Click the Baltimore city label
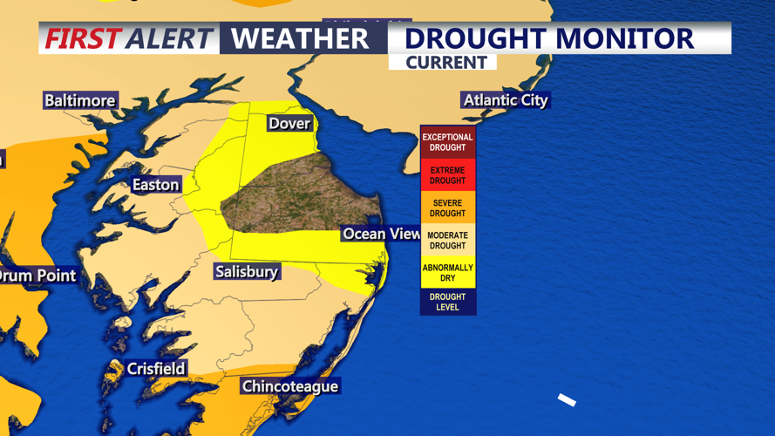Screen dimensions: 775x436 79,100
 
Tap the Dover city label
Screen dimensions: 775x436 289,123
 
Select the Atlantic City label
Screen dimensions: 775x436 506,100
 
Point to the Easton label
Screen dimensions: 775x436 155,184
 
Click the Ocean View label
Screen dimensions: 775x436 381,234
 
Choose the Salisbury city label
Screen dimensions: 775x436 246,272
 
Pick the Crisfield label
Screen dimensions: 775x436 155,369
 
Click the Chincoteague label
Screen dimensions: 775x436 289,386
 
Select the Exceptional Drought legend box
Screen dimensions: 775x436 448,142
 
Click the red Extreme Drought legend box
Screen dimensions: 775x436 448,175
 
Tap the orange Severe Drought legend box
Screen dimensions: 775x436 448,208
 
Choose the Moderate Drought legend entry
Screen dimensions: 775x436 448,241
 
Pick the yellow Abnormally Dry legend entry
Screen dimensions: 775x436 448,273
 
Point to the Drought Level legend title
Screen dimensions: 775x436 448,302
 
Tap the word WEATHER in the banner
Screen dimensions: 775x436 300,39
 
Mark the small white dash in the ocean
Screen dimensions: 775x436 567,399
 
